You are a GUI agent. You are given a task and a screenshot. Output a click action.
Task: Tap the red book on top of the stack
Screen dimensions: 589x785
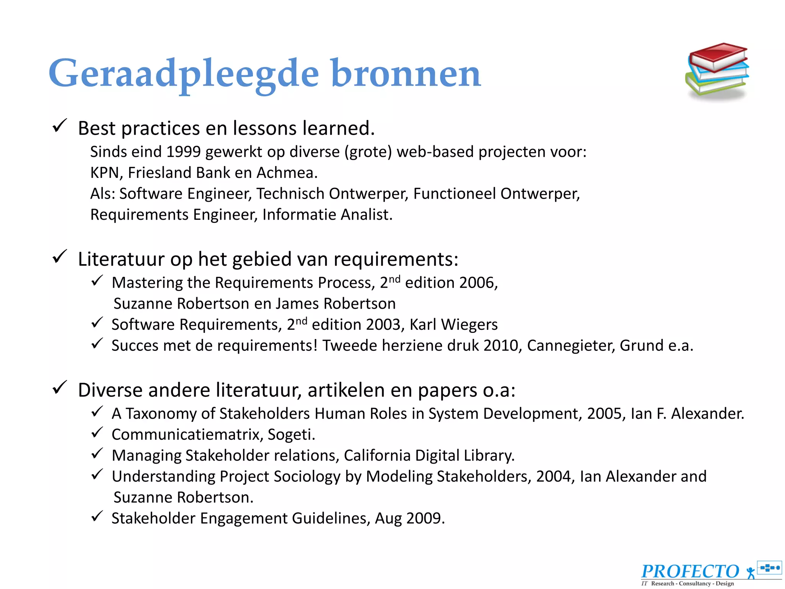(x=718, y=56)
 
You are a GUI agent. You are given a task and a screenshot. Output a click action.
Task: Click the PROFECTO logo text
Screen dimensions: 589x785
(x=690, y=571)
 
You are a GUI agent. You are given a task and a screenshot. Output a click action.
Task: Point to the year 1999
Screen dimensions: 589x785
(x=183, y=152)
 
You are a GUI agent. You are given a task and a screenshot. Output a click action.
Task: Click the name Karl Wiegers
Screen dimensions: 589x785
(x=453, y=325)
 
